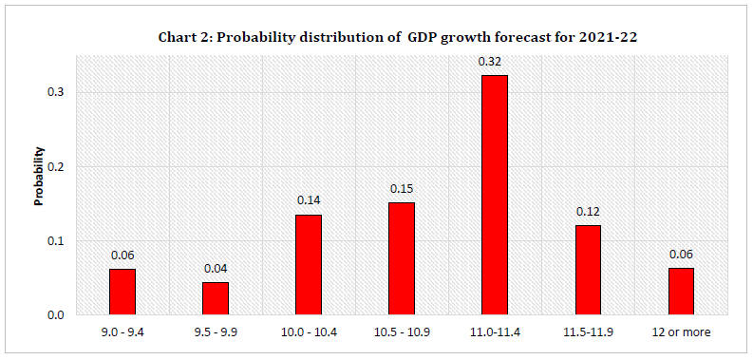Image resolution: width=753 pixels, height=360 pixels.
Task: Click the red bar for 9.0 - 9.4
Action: tap(122, 292)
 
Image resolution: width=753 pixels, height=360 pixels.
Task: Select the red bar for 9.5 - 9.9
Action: tap(215, 298)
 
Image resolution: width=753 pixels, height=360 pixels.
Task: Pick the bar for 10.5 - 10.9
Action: tap(401, 258)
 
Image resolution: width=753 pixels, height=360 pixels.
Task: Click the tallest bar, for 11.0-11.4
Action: tap(494, 195)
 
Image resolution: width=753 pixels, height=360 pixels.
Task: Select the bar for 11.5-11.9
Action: tap(587, 270)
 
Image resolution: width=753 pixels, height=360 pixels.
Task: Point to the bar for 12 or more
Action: tap(680, 291)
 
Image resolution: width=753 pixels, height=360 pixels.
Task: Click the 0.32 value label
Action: tap(494, 61)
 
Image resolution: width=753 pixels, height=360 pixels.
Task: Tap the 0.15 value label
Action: tap(401, 188)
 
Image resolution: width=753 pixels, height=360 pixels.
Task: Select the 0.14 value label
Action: tap(308, 200)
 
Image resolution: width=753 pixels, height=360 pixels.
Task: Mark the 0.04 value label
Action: tap(215, 268)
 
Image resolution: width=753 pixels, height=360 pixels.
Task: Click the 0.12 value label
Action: tap(587, 211)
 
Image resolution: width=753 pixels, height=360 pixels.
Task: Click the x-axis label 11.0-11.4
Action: tap(494, 332)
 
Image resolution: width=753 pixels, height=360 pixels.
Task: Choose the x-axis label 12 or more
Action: tap(680, 332)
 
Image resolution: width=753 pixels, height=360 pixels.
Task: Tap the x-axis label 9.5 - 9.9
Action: tap(215, 332)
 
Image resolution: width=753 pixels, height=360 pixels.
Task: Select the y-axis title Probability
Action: tap(40, 177)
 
